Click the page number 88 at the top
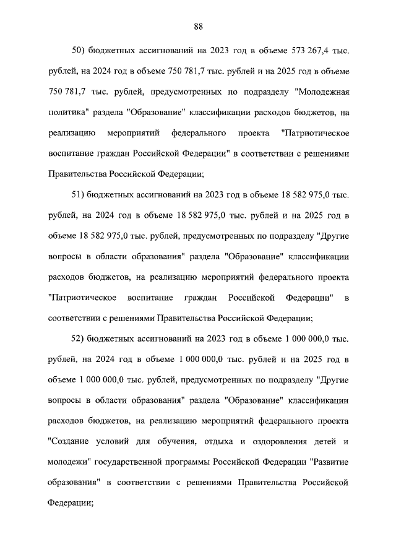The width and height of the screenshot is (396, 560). pos(198,26)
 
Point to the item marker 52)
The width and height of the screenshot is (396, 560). pos(79,339)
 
